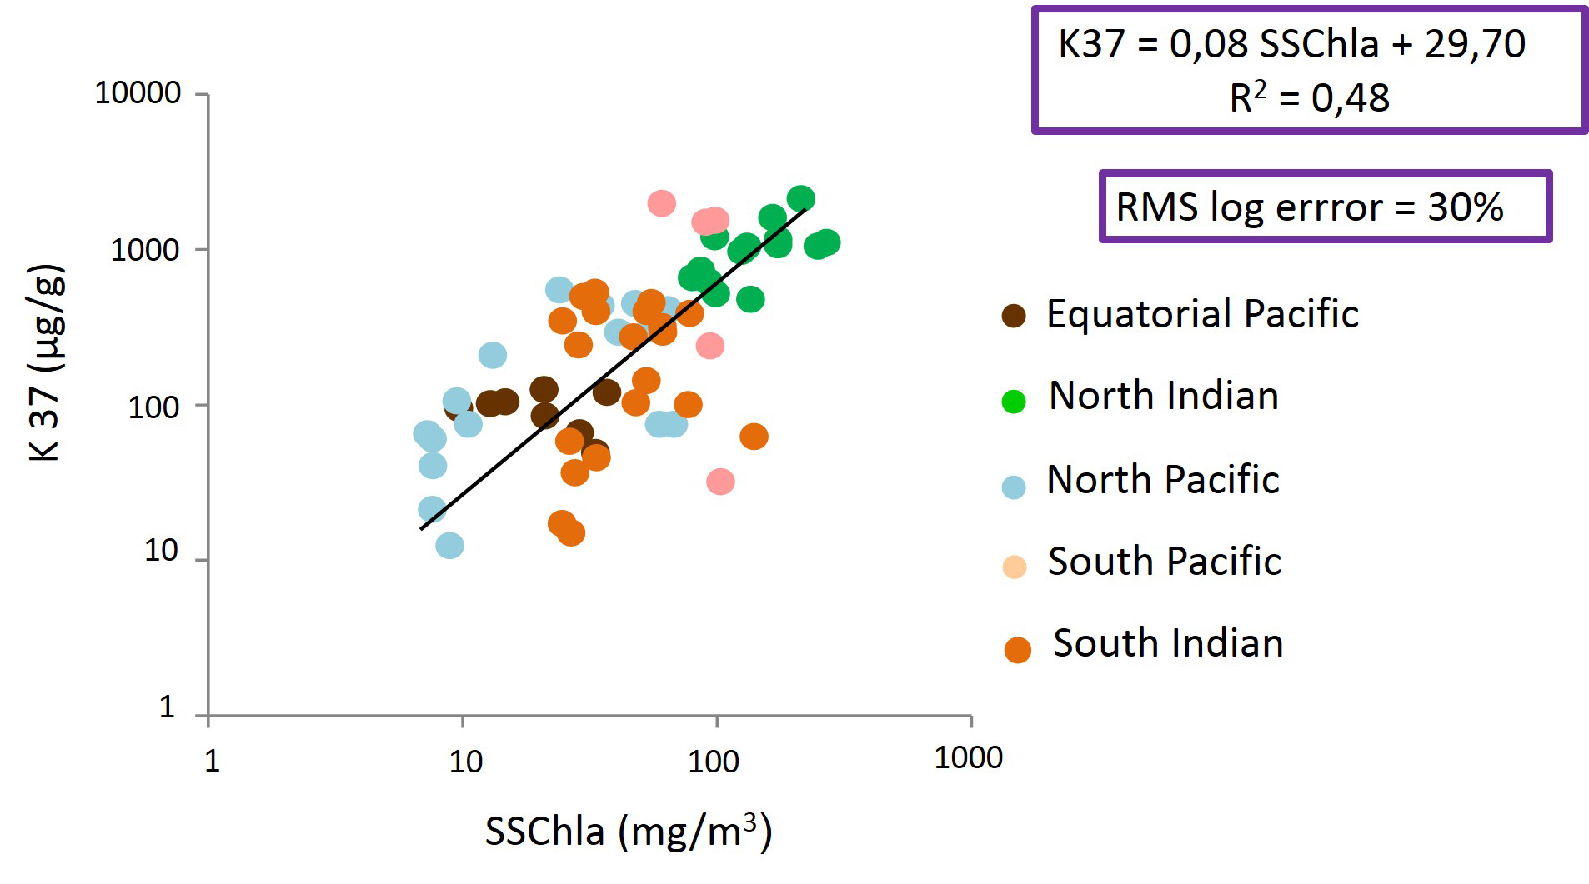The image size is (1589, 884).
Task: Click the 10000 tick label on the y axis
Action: [x=138, y=92]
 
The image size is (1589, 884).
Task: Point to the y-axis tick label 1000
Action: [x=145, y=249]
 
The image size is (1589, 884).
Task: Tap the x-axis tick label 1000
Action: [x=968, y=757]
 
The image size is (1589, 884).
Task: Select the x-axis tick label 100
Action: [x=713, y=761]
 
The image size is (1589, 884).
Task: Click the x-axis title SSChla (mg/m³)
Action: [x=629, y=831]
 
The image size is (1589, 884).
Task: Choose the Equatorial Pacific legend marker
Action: [x=1014, y=317]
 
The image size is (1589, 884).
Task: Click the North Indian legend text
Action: [x=1163, y=396]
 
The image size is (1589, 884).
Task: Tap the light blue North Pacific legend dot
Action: [x=1014, y=487]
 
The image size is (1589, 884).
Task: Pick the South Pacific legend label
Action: [x=1164, y=562]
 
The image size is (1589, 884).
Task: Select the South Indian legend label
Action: [x=1167, y=643]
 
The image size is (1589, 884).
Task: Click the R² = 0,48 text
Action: [x=1309, y=98]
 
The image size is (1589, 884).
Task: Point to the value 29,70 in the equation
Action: [x=1475, y=44]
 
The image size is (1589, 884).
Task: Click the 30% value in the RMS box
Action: [x=1465, y=207]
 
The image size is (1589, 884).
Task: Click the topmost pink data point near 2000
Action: [x=661, y=202]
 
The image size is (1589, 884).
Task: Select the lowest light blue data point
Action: [x=449, y=546]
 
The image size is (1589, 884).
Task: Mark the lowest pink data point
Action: [x=720, y=481]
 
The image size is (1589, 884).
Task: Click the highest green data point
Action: [x=800, y=198]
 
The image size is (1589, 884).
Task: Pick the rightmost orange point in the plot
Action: [x=754, y=436]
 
